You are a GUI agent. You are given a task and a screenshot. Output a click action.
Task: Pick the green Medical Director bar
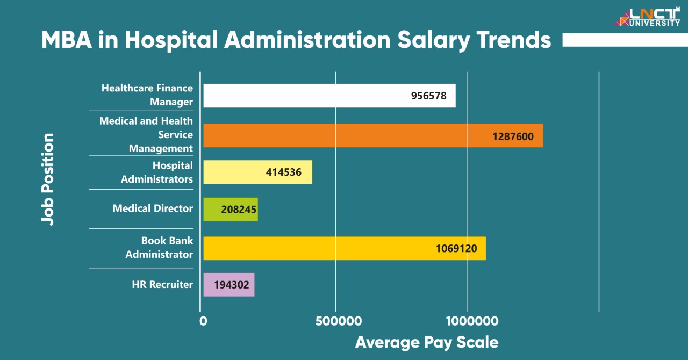pos(212,209)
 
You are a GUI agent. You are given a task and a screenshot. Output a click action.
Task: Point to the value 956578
pos(428,96)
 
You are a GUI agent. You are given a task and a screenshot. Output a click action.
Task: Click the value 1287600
pos(513,136)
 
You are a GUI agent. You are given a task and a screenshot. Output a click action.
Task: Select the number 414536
pos(283,172)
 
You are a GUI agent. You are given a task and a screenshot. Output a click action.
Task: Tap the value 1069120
pos(456,249)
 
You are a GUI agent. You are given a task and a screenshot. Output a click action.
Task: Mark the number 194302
pos(231,285)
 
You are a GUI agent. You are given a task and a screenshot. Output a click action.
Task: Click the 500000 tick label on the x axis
pos(338,321)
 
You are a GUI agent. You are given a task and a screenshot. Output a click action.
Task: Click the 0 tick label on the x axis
pos(203,321)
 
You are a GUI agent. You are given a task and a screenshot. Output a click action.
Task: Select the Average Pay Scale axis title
pos(426,342)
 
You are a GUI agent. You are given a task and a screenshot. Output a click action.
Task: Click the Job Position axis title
pos(48,179)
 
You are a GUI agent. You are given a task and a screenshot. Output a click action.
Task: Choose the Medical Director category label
pos(153,208)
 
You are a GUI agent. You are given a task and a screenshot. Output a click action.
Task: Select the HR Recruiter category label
pos(162,285)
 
